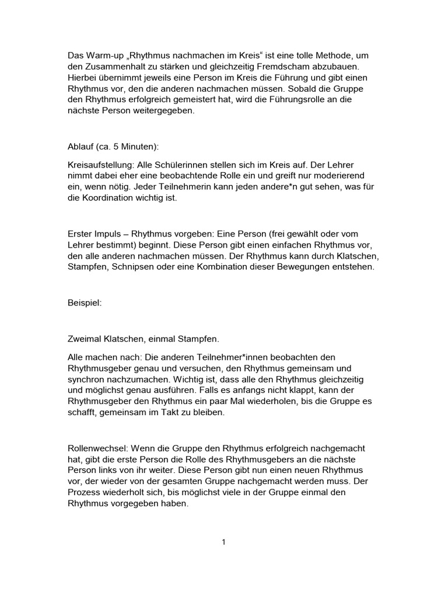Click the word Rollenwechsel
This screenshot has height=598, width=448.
pos(98,448)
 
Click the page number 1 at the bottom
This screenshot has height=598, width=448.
pos(223,542)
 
